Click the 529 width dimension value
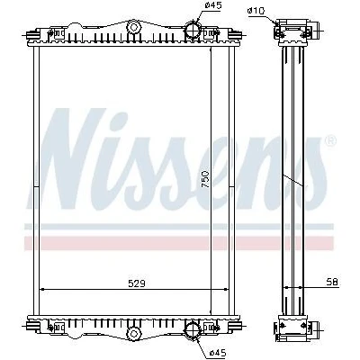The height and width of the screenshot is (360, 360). point(137,283)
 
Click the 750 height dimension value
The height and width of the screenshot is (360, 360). point(205,179)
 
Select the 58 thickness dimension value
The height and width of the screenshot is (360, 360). point(332,282)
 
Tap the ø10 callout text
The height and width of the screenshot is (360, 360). point(256,11)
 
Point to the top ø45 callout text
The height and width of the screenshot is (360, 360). point(213,5)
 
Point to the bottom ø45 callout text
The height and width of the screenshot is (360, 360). point(217,353)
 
